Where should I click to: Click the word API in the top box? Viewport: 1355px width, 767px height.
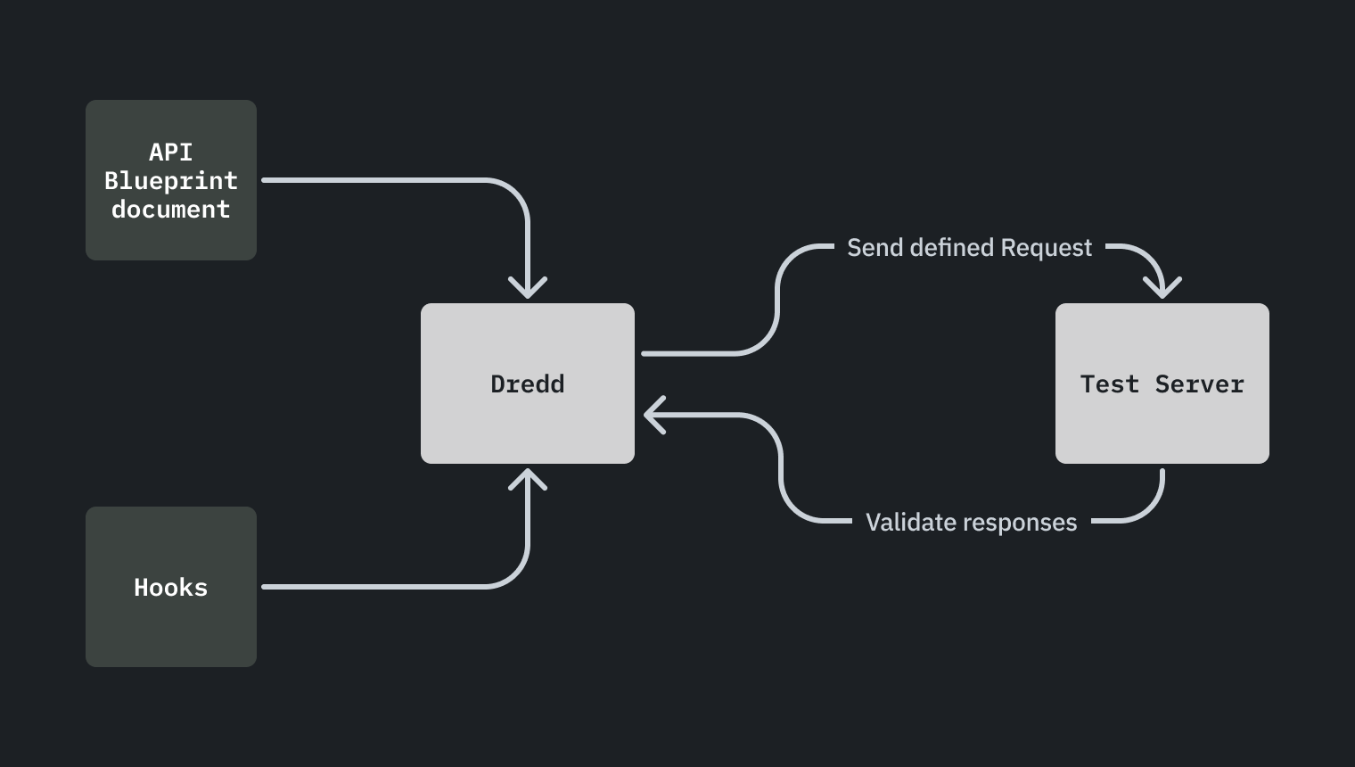click(x=170, y=152)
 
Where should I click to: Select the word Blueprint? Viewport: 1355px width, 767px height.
click(x=170, y=180)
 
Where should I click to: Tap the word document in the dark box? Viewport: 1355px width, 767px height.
click(x=170, y=210)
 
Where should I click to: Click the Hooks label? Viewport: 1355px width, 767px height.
click(x=170, y=587)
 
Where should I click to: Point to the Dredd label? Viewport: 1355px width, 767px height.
click(x=527, y=384)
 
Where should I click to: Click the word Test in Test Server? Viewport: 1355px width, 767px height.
click(x=1109, y=384)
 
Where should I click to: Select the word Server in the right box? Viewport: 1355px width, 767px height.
click(x=1199, y=384)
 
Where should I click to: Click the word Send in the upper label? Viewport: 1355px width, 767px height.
click(x=875, y=248)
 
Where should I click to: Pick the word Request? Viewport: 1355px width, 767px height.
click(x=1046, y=248)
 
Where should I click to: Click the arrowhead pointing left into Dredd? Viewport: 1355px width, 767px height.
click(x=652, y=416)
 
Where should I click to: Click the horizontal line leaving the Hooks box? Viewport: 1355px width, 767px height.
click(x=374, y=587)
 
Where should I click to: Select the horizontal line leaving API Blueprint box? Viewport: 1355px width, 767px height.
click(x=374, y=180)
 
